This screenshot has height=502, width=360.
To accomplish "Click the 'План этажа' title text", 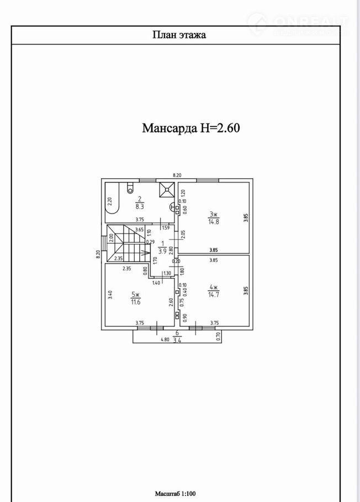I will tap(179, 35).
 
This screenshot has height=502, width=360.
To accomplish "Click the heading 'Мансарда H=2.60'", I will tap(190, 129).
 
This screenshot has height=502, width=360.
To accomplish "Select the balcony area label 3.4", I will tap(176, 340).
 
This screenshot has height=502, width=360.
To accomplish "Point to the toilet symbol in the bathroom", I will tap(130, 188).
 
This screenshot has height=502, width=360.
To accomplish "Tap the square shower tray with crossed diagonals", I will tap(167, 189).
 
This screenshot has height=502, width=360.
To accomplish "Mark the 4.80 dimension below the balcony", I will tap(165, 340).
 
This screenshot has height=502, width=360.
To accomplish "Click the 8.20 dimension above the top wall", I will tap(177, 175).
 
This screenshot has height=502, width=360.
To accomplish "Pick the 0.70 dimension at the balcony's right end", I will tap(218, 334).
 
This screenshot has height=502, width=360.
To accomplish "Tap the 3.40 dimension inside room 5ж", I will tap(110, 295).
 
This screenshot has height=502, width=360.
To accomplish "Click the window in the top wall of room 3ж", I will tap(208, 180).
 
